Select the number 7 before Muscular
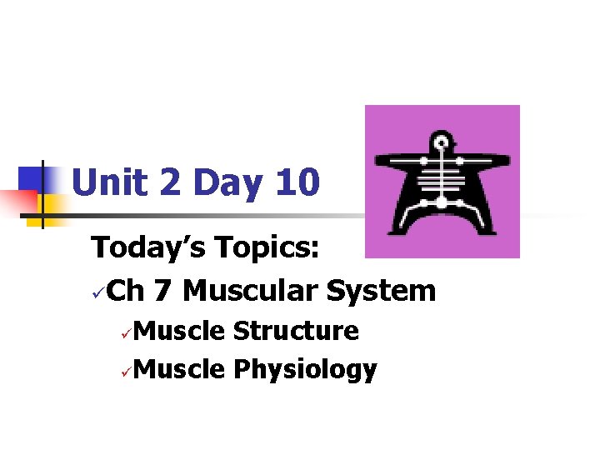tap(163, 291)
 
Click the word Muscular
tap(249, 291)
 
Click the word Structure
tap(296, 331)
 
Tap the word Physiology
tap(305, 369)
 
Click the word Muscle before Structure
tap(178, 331)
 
